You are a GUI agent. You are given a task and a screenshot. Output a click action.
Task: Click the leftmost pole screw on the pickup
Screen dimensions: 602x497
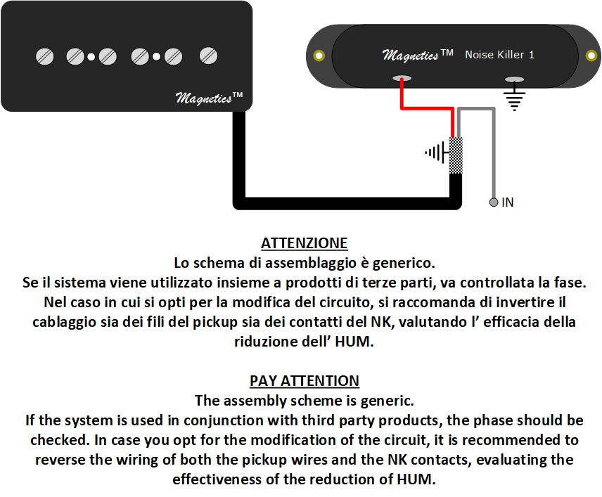click(x=44, y=56)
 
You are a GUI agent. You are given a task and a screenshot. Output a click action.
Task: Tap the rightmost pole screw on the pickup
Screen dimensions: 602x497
click(x=208, y=56)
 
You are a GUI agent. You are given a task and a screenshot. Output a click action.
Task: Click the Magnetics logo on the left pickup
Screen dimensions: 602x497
click(x=210, y=98)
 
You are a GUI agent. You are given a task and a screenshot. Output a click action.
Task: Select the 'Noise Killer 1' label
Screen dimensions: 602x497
click(x=499, y=55)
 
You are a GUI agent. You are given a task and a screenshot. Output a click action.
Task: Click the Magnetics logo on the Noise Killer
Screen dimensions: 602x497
click(x=418, y=55)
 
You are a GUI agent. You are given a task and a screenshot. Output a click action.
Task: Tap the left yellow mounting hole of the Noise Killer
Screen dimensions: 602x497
click(x=319, y=56)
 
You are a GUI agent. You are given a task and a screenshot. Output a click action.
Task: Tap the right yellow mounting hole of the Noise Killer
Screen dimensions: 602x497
click(x=591, y=56)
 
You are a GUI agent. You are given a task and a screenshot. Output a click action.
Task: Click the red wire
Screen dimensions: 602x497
click(x=427, y=109)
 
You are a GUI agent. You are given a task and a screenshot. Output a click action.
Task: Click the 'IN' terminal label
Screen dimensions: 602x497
click(x=508, y=202)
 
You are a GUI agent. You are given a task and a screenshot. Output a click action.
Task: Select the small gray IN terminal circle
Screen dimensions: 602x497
click(x=494, y=202)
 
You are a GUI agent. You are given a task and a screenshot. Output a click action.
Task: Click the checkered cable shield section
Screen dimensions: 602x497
click(x=456, y=155)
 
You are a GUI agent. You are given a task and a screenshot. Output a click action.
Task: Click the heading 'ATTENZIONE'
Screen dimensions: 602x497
click(x=304, y=243)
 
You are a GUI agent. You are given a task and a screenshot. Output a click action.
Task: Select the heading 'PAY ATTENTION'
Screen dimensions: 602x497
click(x=304, y=381)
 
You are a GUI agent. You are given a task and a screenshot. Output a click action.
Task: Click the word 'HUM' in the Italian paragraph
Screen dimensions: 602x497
click(x=354, y=342)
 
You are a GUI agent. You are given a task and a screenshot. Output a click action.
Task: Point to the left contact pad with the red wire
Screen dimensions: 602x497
click(x=402, y=78)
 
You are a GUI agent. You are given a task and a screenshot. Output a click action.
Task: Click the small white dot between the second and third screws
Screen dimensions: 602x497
click(x=91, y=57)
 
